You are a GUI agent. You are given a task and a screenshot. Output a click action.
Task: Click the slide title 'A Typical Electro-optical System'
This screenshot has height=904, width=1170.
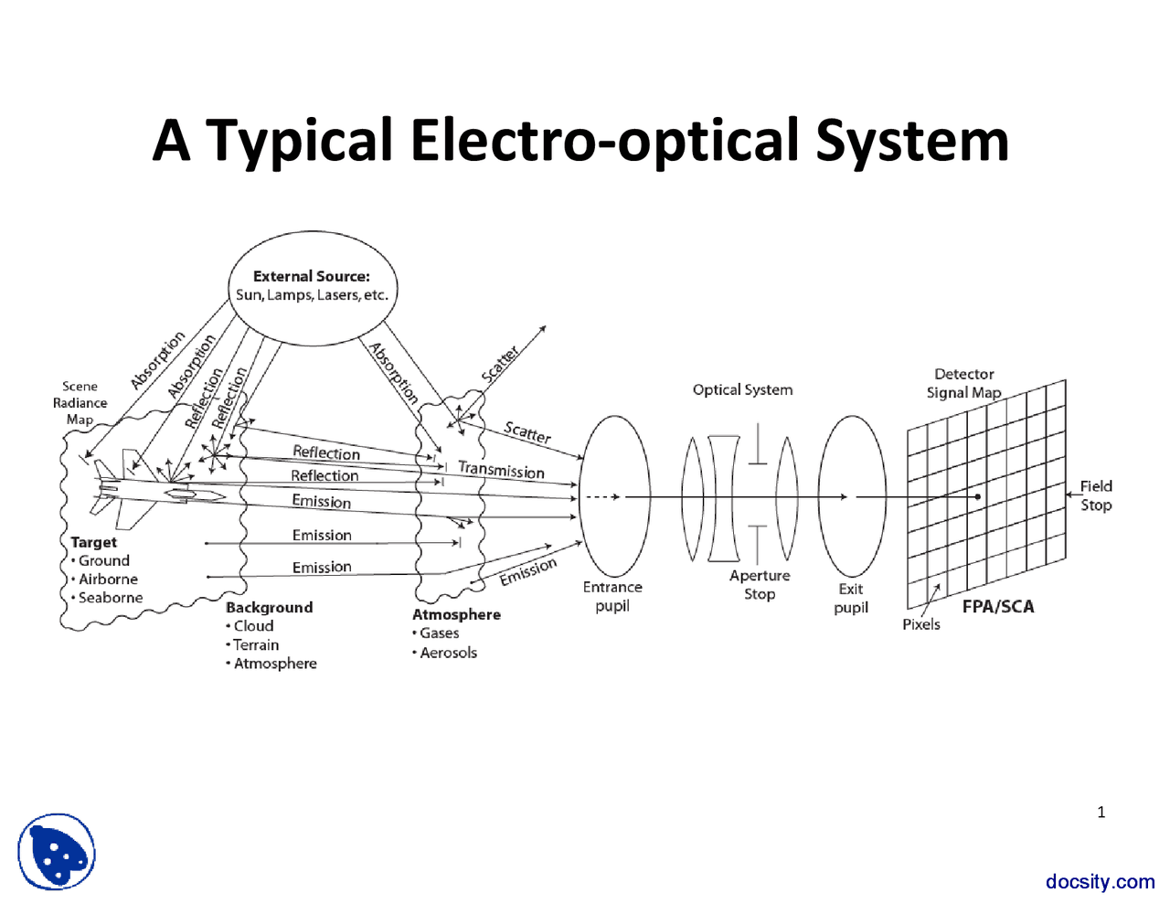coord(581,141)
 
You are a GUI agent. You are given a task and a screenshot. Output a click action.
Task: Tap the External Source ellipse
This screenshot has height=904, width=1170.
coord(312,287)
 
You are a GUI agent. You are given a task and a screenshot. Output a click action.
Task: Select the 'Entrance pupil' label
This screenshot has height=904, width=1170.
coord(612,596)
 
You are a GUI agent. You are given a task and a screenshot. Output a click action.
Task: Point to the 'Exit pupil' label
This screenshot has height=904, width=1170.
coord(851,598)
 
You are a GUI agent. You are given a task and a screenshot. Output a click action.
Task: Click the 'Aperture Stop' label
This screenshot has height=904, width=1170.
coord(760,584)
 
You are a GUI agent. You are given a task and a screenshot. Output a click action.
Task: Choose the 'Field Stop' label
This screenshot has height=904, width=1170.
coord(1096,495)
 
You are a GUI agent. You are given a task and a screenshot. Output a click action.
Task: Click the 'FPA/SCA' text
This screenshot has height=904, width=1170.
coord(998,606)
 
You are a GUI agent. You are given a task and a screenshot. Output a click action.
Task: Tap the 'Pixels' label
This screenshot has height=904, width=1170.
coord(921,624)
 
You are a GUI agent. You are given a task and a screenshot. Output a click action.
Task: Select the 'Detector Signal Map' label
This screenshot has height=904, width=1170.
coord(964,383)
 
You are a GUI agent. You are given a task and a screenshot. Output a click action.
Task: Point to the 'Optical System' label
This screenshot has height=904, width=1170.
coord(742,389)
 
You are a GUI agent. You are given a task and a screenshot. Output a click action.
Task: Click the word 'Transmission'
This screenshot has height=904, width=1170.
coord(501,470)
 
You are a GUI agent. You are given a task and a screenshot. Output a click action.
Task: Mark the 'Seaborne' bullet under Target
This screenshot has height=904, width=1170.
coord(111,598)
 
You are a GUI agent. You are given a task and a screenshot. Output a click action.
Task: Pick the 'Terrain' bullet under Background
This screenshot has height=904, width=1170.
coord(256,644)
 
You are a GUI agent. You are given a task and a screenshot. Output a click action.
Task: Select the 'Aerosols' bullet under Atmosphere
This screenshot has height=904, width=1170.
coord(448,653)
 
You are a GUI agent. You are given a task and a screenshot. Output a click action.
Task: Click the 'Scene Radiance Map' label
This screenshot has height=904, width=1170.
coord(80,402)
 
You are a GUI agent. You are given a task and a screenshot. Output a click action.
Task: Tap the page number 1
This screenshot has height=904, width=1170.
coord(1101,812)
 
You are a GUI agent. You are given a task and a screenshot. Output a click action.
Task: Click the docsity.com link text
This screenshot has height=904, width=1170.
coord(1101,881)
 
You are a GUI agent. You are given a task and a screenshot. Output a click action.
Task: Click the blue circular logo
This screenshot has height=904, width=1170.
coord(57,852)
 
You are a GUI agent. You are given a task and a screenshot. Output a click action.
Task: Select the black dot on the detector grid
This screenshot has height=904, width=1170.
coord(978,497)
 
